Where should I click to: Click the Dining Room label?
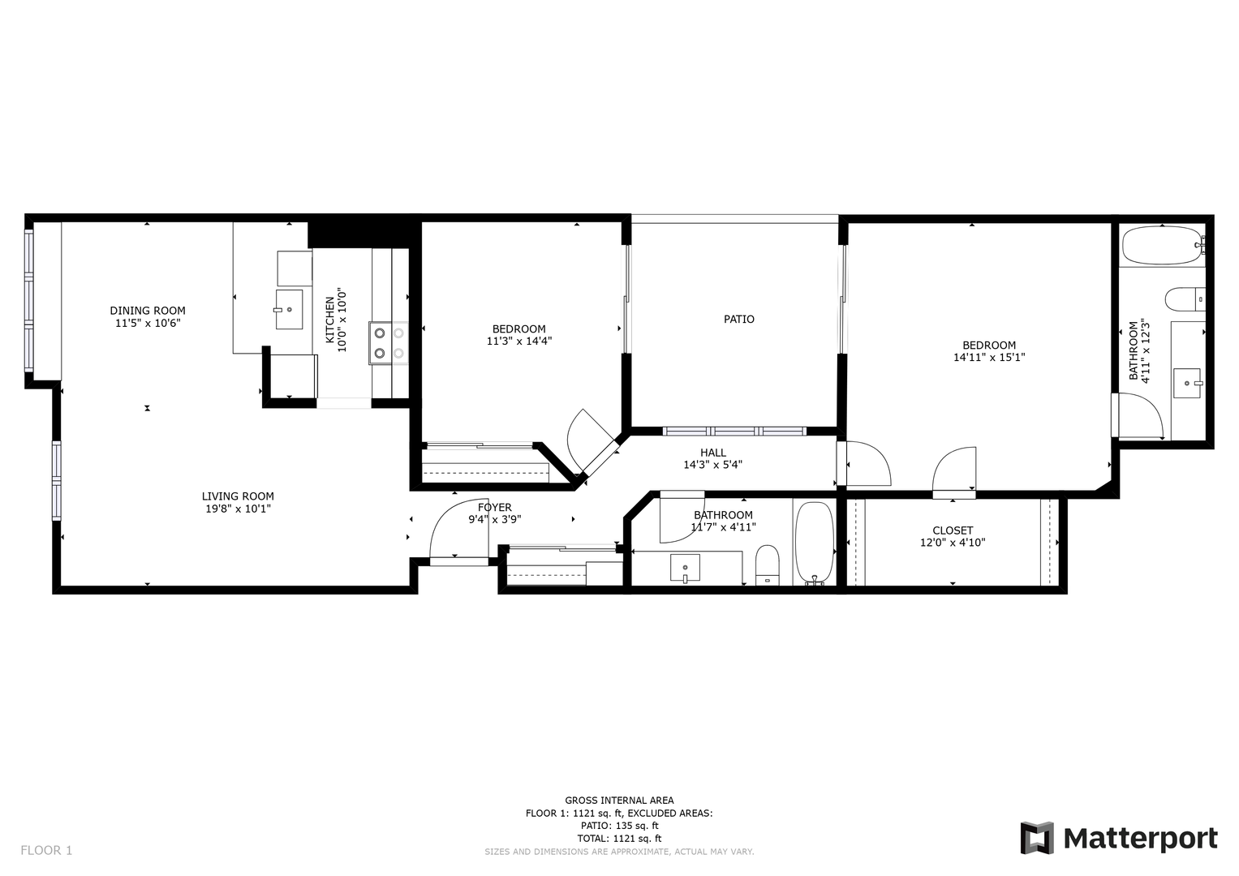(148, 311)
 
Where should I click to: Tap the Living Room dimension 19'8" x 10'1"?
(238, 509)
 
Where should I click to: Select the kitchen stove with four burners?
(389, 343)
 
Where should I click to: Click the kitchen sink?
(290, 309)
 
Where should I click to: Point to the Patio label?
(739, 319)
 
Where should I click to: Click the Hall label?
(713, 453)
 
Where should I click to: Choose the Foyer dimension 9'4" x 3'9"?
(495, 520)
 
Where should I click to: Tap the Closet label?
(953, 530)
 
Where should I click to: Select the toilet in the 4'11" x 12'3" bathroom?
(1185, 300)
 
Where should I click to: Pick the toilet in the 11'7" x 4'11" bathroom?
(768, 565)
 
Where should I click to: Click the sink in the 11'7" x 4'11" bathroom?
(685, 569)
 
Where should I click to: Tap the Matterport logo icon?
(1037, 838)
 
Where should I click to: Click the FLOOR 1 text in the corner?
(46, 851)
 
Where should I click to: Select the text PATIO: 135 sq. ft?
(619, 826)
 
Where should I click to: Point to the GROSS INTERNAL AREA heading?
(619, 801)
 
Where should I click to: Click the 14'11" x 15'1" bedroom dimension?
(989, 358)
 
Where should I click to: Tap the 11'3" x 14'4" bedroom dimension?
(519, 341)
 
